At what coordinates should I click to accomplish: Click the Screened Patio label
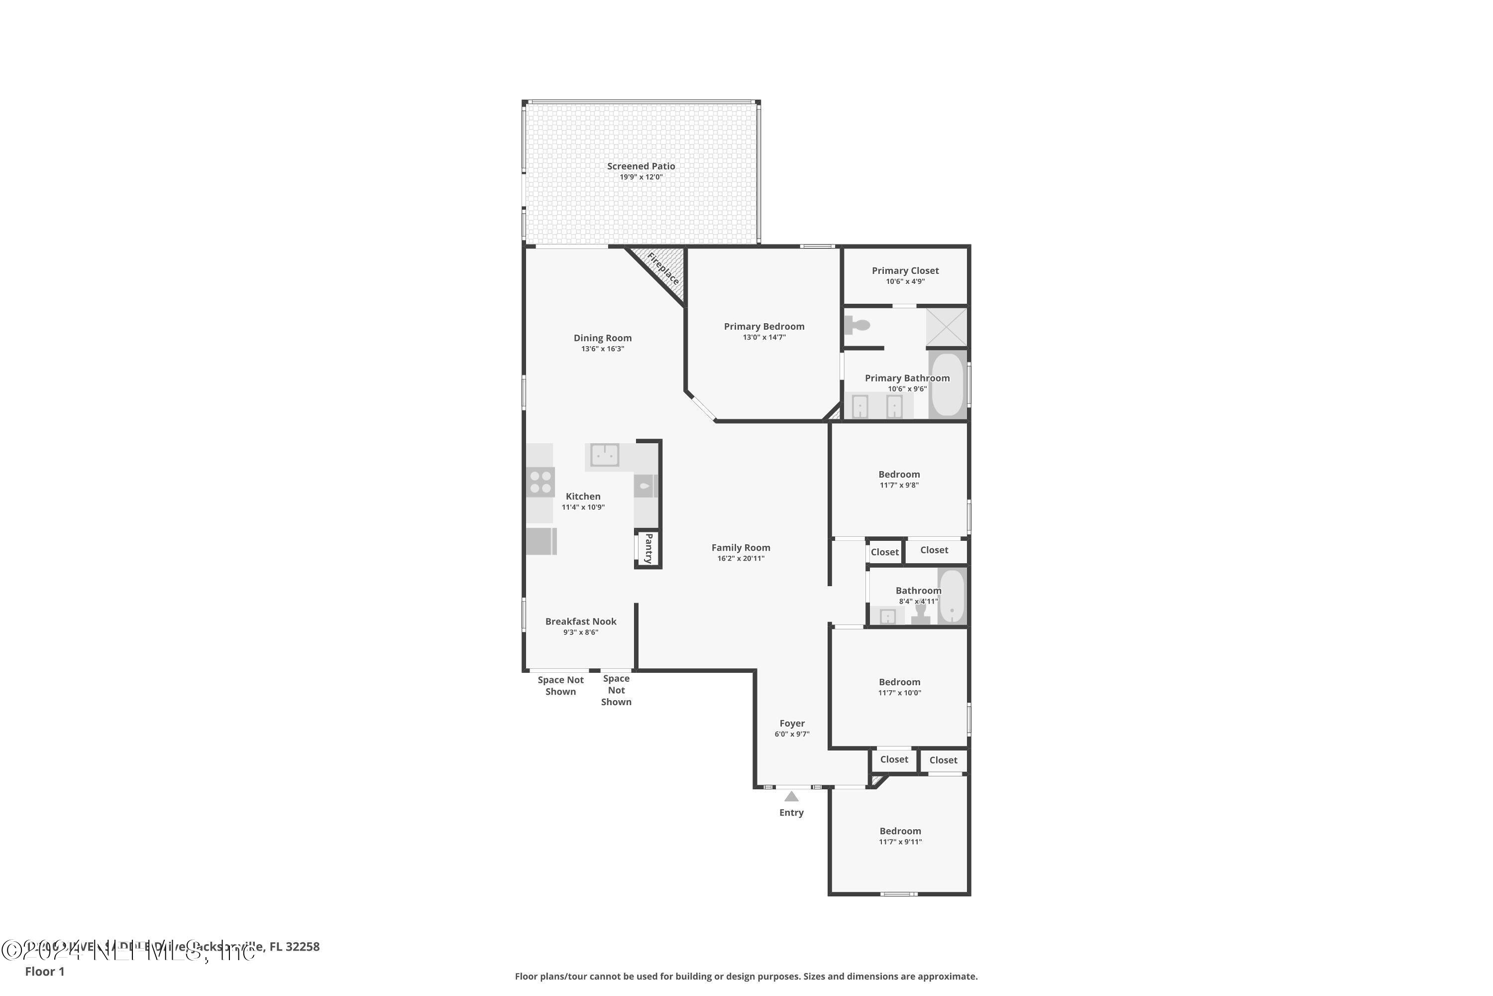click(640, 166)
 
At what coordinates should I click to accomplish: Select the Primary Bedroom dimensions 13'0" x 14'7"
click(764, 337)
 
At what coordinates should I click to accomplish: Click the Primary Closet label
click(905, 270)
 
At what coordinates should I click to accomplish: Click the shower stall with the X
click(946, 327)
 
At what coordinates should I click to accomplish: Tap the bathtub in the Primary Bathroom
click(947, 384)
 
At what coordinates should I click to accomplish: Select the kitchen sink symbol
click(604, 455)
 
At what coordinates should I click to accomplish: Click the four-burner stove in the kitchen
click(540, 482)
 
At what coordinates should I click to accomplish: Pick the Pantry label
click(648, 548)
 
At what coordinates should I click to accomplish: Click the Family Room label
click(740, 547)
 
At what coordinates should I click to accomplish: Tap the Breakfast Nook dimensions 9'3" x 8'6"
click(580, 632)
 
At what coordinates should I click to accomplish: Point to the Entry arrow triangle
click(791, 796)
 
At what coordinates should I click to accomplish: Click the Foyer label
click(792, 724)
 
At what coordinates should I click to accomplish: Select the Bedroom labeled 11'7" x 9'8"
click(899, 479)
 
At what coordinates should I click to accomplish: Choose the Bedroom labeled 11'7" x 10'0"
click(899, 687)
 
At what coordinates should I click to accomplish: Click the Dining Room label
click(602, 338)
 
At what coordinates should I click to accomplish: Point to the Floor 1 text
click(44, 971)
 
